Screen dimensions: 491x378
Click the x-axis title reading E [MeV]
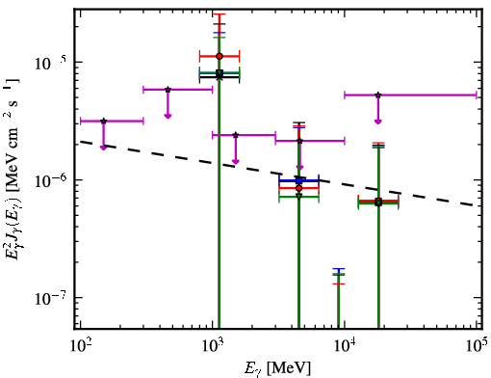pyautogui.click(x=278, y=368)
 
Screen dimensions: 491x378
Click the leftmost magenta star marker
pyautogui.click(x=103, y=121)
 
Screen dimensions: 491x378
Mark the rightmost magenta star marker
pyautogui.click(x=378, y=94)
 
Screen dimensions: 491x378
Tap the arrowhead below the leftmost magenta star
pyautogui.click(x=103, y=148)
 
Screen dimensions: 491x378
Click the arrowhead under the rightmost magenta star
pyautogui.click(x=378, y=121)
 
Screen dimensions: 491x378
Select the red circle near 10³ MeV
pyautogui.click(x=220, y=56)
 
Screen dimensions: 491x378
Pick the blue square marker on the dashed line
pyautogui.click(x=299, y=180)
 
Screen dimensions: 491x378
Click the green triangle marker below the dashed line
pyautogui.click(x=299, y=196)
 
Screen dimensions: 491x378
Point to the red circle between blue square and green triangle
pyautogui.click(x=299, y=188)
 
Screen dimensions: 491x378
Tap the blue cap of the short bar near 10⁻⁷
pyautogui.click(x=339, y=268)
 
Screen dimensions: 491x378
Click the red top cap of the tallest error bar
pyautogui.click(x=220, y=14)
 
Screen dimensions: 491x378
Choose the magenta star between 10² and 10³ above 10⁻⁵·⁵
pyautogui.click(x=168, y=90)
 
